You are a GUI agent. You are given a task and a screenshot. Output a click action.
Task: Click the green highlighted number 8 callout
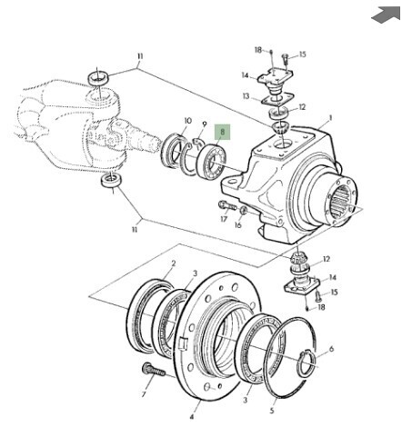(x=223, y=132)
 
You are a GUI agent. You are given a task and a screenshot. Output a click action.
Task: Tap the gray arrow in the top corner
(x=387, y=14)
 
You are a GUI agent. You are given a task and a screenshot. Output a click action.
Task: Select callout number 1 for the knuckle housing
(x=330, y=118)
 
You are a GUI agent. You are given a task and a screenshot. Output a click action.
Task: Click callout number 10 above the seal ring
(x=188, y=121)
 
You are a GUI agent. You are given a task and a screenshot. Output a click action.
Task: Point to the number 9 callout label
(x=205, y=124)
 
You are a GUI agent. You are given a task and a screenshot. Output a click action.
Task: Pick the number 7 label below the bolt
(x=144, y=394)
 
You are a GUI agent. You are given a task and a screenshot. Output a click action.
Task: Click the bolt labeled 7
(x=154, y=369)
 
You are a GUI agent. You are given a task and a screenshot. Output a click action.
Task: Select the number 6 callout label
(x=331, y=349)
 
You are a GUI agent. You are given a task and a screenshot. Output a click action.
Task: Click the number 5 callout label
(x=272, y=411)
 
